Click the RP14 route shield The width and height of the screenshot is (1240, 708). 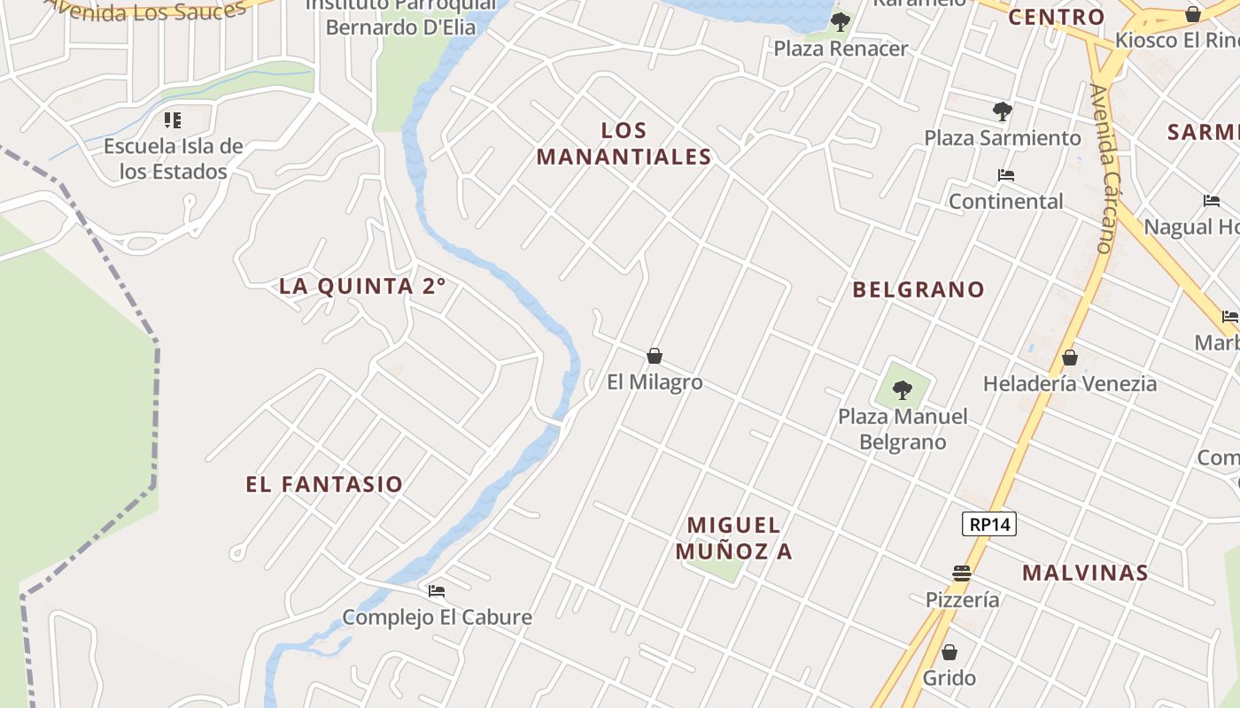tap(988, 524)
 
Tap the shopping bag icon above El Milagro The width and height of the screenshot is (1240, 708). tap(655, 357)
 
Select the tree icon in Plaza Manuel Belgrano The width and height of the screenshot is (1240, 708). tap(903, 389)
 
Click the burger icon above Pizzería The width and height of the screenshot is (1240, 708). tap(962, 573)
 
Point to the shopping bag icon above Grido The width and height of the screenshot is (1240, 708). tap(949, 653)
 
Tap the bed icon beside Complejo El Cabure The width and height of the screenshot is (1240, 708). tap(436, 591)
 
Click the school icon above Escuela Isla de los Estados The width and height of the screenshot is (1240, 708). tap(173, 119)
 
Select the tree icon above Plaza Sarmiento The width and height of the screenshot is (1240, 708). tap(1003, 112)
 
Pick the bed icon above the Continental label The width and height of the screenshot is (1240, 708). tap(1005, 175)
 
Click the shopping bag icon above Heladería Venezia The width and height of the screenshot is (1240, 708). tap(1070, 358)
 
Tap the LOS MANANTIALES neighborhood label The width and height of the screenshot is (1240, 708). tap(624, 143)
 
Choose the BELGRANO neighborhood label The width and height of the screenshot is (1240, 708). tap(918, 289)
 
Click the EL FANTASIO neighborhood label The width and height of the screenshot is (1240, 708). tap(324, 484)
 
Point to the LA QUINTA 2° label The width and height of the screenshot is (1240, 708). tap(362, 286)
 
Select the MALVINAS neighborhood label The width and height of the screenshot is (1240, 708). tap(1085, 573)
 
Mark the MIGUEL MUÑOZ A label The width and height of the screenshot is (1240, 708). tap(734, 538)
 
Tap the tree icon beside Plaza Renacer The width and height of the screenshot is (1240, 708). tap(840, 21)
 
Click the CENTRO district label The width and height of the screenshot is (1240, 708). tap(1057, 17)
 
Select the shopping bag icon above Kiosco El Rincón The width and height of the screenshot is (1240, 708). tap(1193, 14)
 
